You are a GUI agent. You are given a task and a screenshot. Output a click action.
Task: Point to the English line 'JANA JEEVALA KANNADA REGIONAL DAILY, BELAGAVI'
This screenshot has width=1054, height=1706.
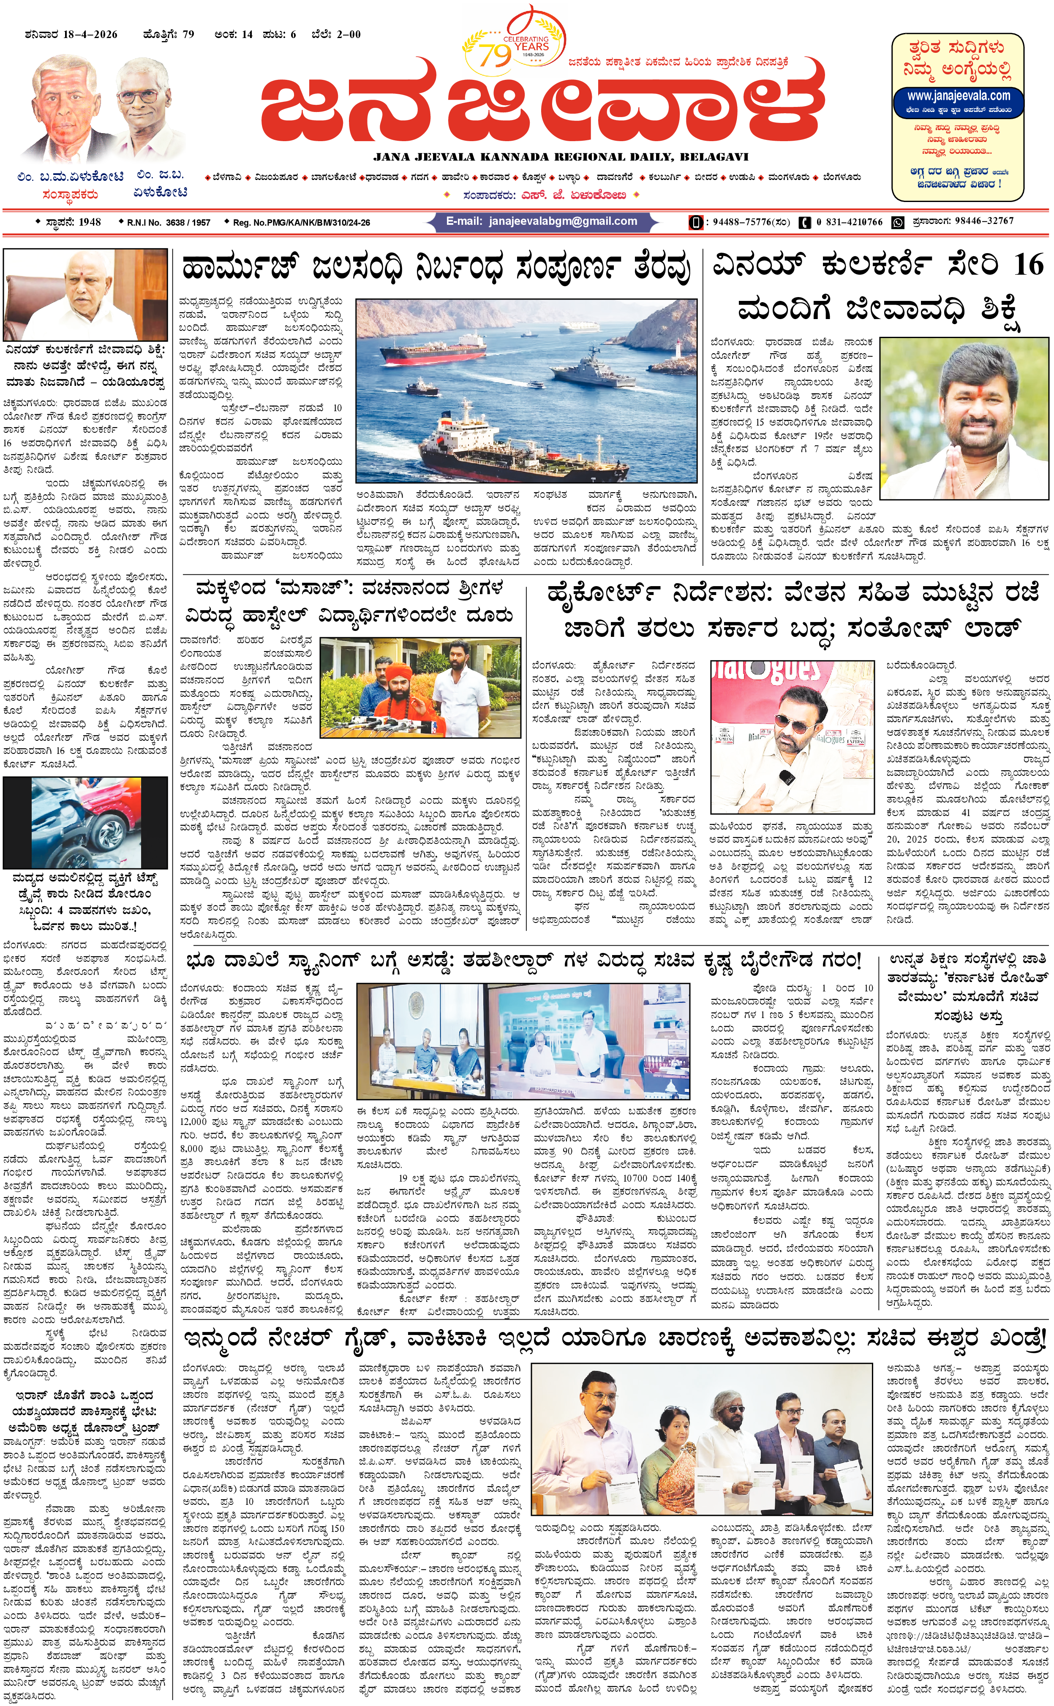tap(561, 157)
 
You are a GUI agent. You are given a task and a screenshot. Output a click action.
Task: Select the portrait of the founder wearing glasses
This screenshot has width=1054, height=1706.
tap(150, 104)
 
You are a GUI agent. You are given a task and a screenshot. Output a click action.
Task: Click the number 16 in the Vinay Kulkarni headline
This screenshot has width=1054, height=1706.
tap(1028, 266)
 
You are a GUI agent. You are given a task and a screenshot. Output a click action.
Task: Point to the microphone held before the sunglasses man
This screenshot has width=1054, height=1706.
tap(786, 775)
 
